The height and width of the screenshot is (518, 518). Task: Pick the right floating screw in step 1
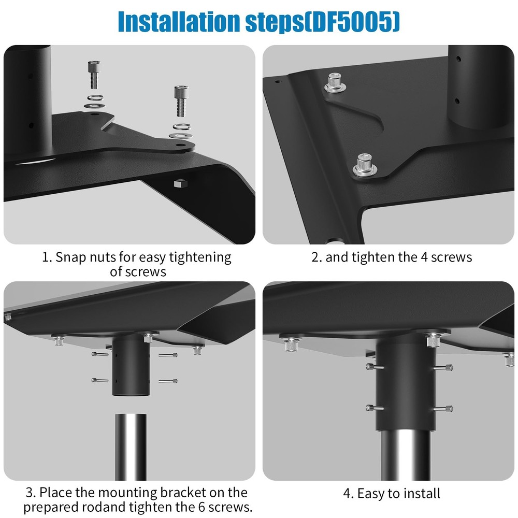(179, 101)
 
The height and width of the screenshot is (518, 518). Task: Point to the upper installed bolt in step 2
(335, 83)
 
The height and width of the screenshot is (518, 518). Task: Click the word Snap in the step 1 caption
(69, 257)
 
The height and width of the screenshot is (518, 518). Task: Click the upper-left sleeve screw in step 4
(370, 367)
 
